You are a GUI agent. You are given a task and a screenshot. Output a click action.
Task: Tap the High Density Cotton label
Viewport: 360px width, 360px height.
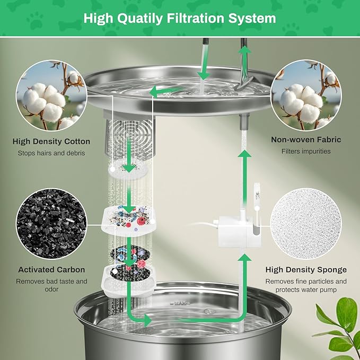click(x=51, y=142)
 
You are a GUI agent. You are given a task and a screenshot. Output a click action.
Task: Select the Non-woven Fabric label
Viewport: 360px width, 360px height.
click(x=306, y=140)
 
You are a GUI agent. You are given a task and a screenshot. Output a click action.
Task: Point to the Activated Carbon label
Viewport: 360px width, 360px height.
click(x=51, y=270)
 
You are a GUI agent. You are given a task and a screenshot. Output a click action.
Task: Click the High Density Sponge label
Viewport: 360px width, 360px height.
click(x=306, y=270)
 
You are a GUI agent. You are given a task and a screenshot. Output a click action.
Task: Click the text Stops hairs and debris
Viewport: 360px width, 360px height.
click(x=51, y=153)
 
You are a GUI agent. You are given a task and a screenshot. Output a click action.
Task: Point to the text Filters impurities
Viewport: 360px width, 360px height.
click(x=306, y=152)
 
